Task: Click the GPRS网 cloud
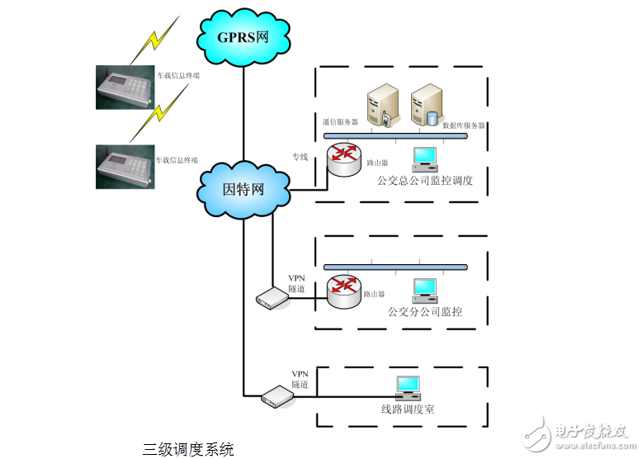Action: [243, 36]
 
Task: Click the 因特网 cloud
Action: [243, 189]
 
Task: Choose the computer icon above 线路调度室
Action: [408, 387]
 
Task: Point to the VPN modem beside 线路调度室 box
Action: [278, 397]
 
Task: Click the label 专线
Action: [300, 157]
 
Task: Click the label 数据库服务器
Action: [464, 125]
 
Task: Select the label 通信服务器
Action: [340, 121]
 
